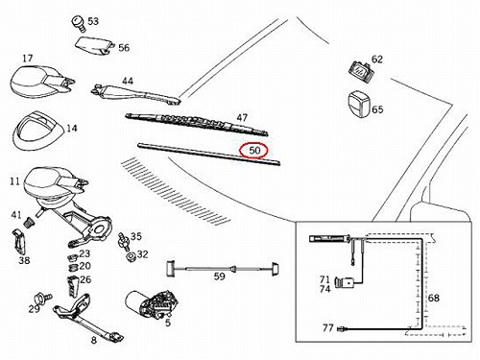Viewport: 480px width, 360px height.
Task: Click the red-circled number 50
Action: click(254, 151)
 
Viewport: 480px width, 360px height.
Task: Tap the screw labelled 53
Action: click(78, 24)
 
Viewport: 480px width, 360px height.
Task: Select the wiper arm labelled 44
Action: click(136, 95)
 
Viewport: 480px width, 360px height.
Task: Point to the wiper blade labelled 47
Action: click(197, 124)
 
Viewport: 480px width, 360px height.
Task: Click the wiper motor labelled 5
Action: click(151, 304)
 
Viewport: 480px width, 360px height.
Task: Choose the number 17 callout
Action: click(28, 59)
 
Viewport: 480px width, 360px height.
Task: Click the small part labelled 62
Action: click(362, 72)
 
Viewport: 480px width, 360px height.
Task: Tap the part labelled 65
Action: click(359, 104)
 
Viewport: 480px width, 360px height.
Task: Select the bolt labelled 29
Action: click(43, 299)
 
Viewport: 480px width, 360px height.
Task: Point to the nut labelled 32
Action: click(131, 256)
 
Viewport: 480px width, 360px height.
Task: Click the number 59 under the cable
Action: click(220, 276)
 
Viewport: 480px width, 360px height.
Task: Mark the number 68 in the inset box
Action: click(434, 298)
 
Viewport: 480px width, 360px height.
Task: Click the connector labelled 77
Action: click(344, 328)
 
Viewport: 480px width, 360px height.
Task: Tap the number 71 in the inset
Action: click(324, 279)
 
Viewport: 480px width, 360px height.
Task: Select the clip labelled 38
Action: click(20, 243)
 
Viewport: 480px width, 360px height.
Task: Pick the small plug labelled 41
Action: click(30, 223)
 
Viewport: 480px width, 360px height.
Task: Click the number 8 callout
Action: click(93, 340)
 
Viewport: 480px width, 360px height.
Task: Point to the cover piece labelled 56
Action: click(95, 46)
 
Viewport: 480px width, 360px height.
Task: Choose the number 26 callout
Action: click(85, 279)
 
